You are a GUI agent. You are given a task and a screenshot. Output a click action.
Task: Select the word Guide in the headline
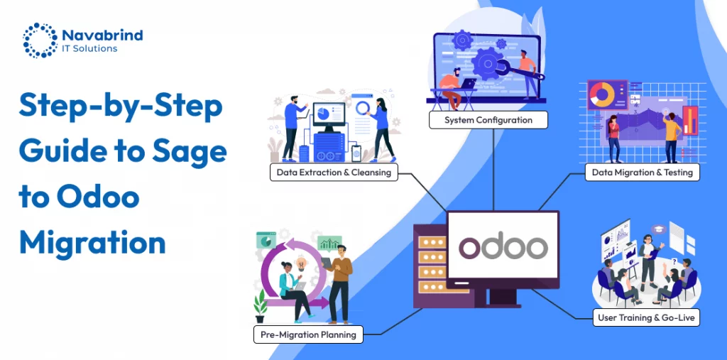[61, 151]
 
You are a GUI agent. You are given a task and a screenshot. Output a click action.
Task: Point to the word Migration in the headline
[92, 243]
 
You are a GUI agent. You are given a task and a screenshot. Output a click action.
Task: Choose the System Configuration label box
[488, 120]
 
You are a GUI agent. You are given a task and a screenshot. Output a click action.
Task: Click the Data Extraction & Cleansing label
[334, 172]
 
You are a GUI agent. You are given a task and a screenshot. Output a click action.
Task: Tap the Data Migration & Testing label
[642, 172]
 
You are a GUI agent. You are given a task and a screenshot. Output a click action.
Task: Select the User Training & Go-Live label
[646, 317]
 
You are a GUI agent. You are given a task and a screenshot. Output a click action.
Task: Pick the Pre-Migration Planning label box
[308, 334]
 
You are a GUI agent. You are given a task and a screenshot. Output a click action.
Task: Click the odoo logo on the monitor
[503, 246]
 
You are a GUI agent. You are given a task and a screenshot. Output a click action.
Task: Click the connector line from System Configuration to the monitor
[493, 170]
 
